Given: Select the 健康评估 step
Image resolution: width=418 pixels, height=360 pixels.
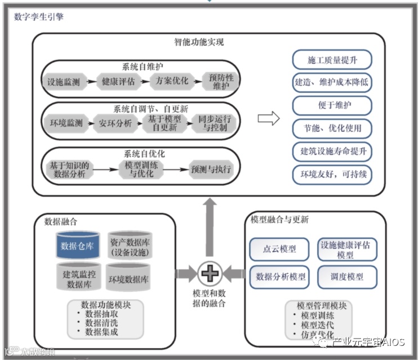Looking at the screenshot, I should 118,82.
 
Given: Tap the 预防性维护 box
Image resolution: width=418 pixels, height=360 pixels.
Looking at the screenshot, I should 220,81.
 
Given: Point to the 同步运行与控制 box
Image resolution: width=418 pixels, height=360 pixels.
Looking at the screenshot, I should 212,123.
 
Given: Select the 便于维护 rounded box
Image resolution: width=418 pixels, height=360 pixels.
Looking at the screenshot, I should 332,105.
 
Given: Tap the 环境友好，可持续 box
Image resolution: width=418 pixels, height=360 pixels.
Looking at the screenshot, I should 332,174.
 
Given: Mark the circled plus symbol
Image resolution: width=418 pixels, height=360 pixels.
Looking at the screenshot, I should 210,274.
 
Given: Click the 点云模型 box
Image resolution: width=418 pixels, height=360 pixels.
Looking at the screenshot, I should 280,249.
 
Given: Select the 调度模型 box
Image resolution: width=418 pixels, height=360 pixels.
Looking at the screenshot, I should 348,277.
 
